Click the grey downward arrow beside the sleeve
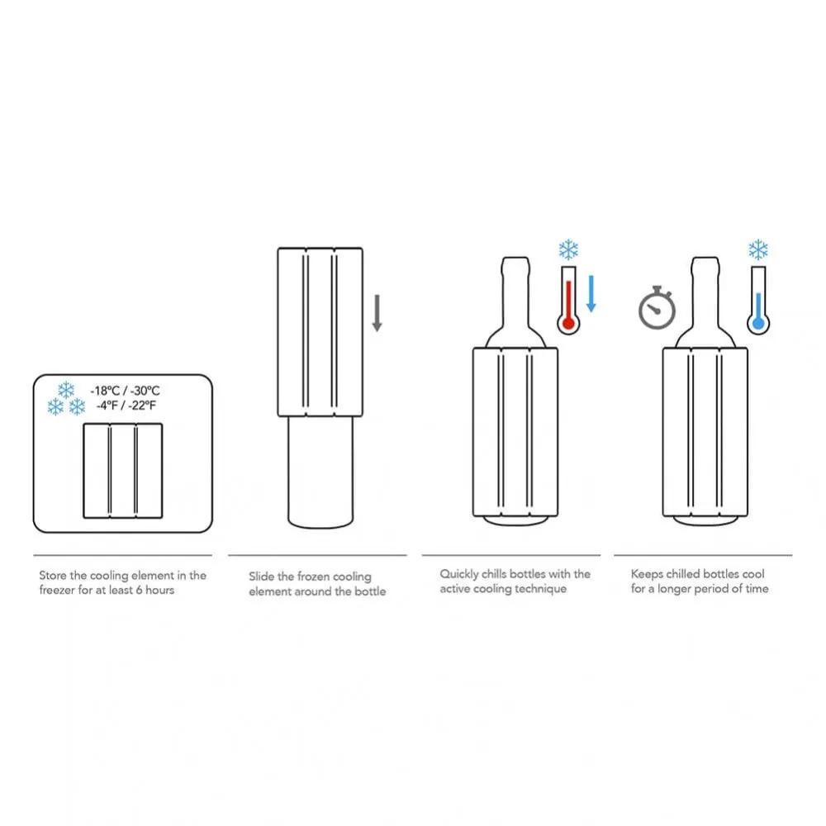(x=377, y=314)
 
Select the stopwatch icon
(x=657, y=307)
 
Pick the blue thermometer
(x=757, y=302)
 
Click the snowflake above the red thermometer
(x=568, y=250)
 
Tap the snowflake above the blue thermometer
(x=757, y=249)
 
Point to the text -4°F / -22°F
(x=126, y=406)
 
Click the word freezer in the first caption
(x=59, y=590)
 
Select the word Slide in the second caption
(x=262, y=577)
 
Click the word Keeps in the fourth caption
(x=648, y=573)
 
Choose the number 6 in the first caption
(x=138, y=590)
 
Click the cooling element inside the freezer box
(x=123, y=470)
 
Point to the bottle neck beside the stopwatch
(x=705, y=289)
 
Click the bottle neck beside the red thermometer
(x=515, y=289)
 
